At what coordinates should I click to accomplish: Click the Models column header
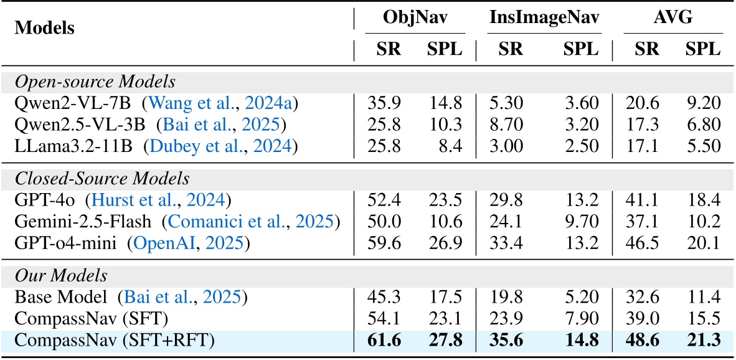[x=44, y=28]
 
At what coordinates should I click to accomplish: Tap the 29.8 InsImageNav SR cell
[x=511, y=200]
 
